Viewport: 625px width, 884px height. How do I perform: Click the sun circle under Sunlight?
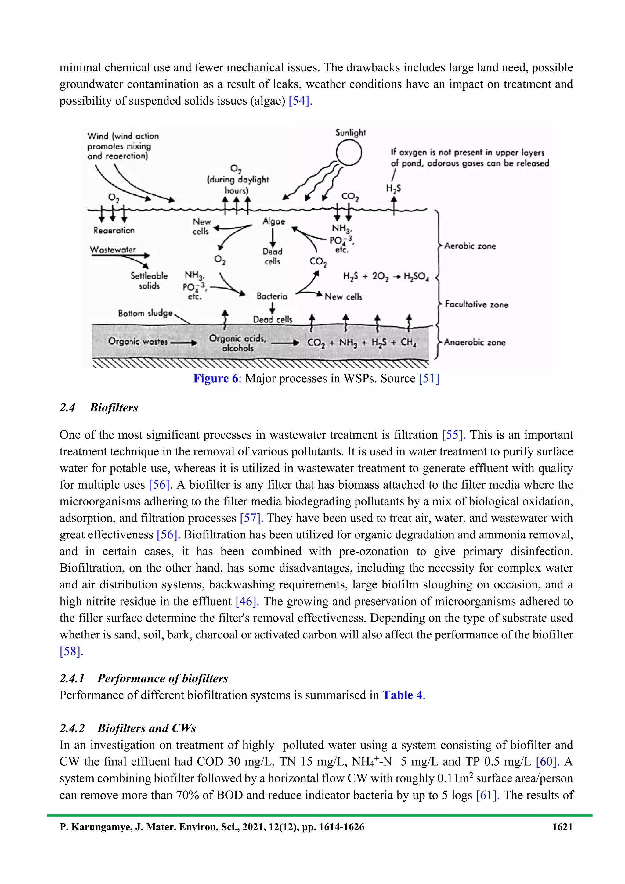[349, 153]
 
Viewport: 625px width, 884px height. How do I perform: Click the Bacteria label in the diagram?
[272, 296]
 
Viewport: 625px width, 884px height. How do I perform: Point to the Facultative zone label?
[476, 304]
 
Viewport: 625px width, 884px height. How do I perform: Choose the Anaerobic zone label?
[475, 342]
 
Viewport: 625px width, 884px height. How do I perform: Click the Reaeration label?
[114, 230]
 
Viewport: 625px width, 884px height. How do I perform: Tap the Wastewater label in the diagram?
[113, 250]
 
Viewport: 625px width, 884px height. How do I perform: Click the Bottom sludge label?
[145, 313]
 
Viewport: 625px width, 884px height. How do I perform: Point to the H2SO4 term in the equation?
[416, 276]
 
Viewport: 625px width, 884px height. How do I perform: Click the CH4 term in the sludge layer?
[408, 342]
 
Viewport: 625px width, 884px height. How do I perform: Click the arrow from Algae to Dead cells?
[273, 238]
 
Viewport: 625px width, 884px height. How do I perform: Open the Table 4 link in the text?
[403, 695]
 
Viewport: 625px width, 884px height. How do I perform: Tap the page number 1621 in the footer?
[562, 827]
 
